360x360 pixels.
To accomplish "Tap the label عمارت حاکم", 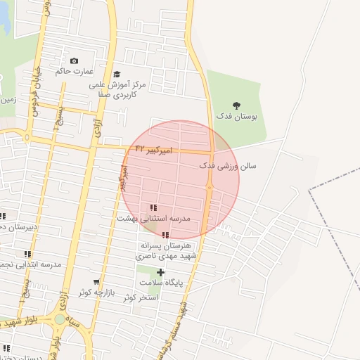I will pyautogui.click(x=74, y=70).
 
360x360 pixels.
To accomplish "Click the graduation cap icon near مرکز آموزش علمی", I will pyautogui.click(x=117, y=74).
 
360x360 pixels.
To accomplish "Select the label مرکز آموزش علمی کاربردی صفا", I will pyautogui.click(x=118, y=88).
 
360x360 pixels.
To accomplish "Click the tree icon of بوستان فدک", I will pyautogui.click(x=236, y=105).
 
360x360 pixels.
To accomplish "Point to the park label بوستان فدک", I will pyautogui.click(x=236, y=116).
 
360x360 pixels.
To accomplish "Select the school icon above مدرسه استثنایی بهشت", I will pyautogui.click(x=153, y=207).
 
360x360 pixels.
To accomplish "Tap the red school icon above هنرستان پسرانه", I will pyautogui.click(x=165, y=236).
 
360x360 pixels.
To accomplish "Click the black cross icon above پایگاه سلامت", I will pyautogui.click(x=160, y=272).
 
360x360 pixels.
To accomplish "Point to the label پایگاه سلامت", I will pyautogui.click(x=160, y=283).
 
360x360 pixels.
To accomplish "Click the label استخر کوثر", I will pyautogui.click(x=140, y=298).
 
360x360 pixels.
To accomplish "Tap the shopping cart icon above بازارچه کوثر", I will pyautogui.click(x=96, y=281).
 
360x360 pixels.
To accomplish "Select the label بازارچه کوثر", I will pyautogui.click(x=96, y=292).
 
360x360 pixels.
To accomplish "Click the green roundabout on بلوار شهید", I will pyautogui.click(x=60, y=319).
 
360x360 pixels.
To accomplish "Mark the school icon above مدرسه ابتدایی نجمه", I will pyautogui.click(x=27, y=254).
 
